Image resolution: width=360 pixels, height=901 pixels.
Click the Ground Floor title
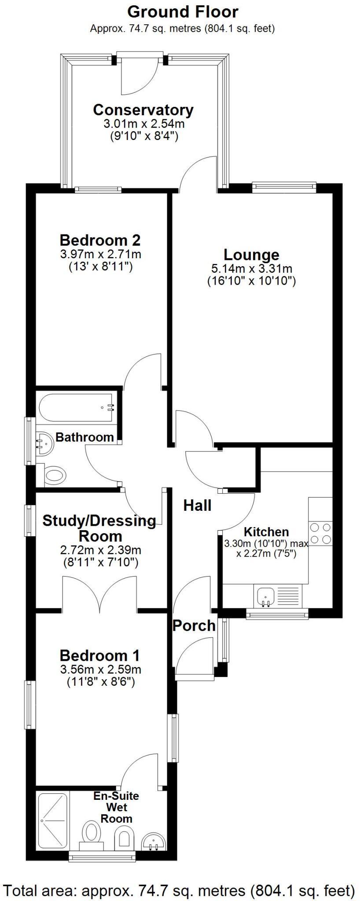coord(183,12)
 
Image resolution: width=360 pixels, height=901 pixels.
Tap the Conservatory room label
coord(143,110)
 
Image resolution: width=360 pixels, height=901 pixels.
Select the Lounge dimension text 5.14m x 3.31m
coord(251,269)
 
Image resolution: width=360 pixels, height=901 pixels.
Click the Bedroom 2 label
coord(100,241)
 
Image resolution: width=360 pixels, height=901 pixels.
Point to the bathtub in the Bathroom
coord(78,407)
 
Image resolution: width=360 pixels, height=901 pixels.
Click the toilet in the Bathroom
coord(55,475)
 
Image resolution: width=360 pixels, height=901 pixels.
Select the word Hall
coord(197,505)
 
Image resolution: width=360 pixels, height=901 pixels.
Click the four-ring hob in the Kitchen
coord(320,533)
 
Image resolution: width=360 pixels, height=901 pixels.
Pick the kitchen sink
coord(265,597)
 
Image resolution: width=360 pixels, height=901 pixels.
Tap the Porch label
coord(194,625)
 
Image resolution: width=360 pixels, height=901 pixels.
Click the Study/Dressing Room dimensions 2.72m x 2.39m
coord(100,550)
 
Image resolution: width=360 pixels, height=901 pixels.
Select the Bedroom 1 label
coord(99,656)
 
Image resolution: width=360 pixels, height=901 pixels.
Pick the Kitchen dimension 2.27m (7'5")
coord(266,553)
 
